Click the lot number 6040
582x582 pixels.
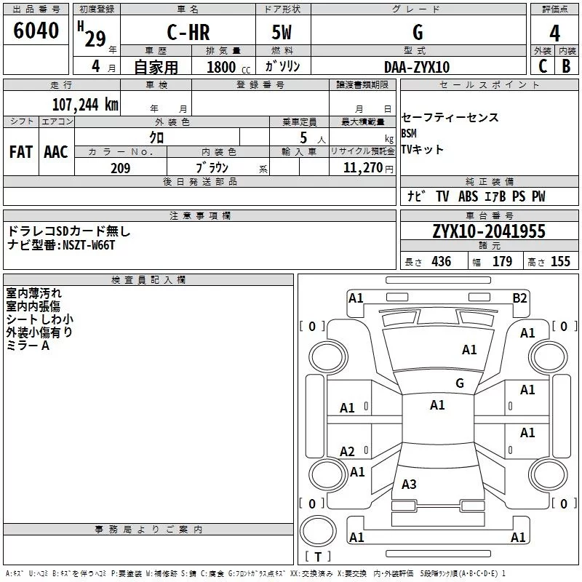coord(36,31)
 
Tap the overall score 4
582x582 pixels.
coord(554,33)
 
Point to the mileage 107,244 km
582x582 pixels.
coord(85,104)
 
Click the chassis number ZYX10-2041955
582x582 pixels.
coord(488,232)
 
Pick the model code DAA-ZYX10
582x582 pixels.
coord(417,67)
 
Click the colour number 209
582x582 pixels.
coord(120,168)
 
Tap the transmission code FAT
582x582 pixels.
coord(21,152)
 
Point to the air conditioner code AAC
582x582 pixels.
coord(55,152)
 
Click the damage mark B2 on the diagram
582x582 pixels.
coord(519,298)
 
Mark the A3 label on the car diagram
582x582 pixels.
coord(409,485)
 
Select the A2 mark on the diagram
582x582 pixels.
coord(348,452)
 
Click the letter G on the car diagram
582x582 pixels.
coord(459,383)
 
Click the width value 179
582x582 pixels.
coord(502,262)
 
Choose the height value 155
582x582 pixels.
coord(560,262)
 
